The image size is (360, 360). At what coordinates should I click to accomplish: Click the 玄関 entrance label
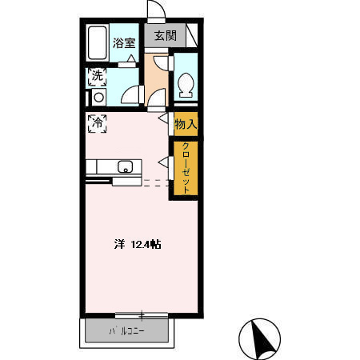(166, 35)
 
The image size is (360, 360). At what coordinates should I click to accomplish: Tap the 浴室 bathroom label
(124, 43)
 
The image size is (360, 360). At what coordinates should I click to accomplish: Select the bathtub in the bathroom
(98, 43)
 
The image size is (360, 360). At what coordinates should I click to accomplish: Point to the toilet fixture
(186, 85)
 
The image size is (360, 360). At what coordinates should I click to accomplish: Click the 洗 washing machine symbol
(98, 77)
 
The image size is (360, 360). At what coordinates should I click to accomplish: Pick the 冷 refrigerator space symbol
(98, 123)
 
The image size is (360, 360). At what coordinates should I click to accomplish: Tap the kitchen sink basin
(125, 166)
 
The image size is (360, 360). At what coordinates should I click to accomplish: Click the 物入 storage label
(186, 124)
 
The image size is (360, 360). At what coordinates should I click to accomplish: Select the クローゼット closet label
(186, 168)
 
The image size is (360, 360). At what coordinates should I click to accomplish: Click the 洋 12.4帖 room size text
(138, 244)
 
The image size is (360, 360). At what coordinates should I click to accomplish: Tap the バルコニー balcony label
(126, 331)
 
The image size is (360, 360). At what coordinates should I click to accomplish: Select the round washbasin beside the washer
(98, 98)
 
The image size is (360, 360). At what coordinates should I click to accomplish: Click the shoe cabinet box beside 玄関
(192, 35)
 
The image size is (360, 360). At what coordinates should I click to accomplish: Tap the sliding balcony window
(142, 316)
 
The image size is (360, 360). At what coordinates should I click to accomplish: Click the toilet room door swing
(161, 63)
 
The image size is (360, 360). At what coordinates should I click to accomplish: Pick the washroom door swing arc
(130, 94)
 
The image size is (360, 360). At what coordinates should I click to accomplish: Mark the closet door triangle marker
(163, 162)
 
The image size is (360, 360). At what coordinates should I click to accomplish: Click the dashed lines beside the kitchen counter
(156, 183)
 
